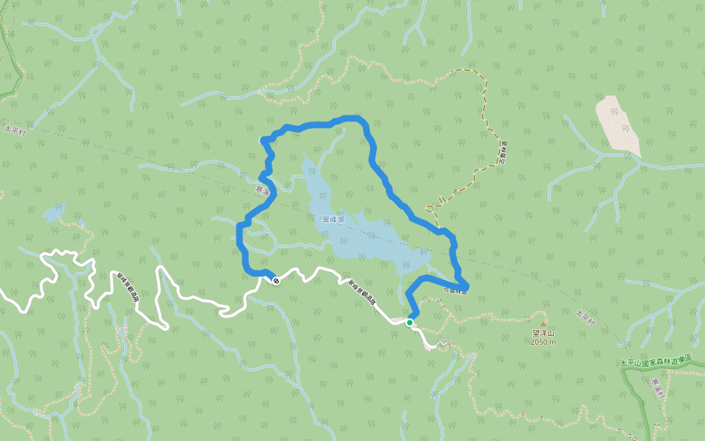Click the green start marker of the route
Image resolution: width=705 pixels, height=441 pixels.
click(409, 322)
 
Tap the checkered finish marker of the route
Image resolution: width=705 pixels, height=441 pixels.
click(275, 280)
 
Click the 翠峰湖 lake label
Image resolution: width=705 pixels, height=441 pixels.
click(333, 219)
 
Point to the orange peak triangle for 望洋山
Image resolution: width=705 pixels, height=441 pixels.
click(543, 323)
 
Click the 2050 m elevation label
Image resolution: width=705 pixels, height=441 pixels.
click(544, 342)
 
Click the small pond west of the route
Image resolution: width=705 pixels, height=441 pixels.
click(53, 213)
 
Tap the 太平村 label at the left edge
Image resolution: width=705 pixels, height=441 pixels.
click(14, 131)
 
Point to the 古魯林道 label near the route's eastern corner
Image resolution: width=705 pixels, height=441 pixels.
click(455, 290)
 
